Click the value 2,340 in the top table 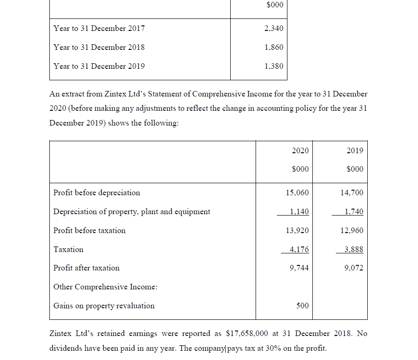tap(274, 29)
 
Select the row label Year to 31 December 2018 tap(99, 47)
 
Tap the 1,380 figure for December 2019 tap(274, 66)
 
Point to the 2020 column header tap(300, 150)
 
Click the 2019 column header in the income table tap(354, 150)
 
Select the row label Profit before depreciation tap(96, 192)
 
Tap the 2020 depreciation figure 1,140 tap(299, 211)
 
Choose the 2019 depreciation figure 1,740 tap(354, 211)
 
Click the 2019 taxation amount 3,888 tap(354, 249)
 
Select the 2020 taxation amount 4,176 tap(299, 249)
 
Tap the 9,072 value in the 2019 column tap(354, 268)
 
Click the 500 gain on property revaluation tap(302, 306)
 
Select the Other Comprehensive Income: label tap(105, 287)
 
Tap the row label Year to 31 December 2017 tap(99, 28)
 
